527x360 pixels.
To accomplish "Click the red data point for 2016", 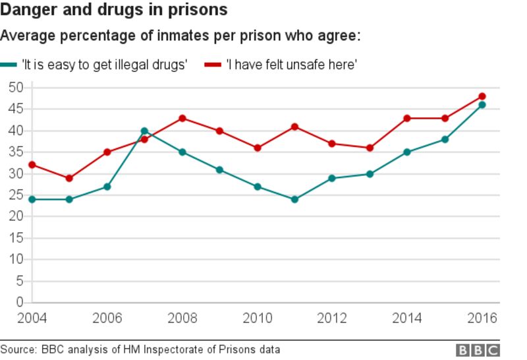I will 482,96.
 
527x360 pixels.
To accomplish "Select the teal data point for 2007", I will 144,131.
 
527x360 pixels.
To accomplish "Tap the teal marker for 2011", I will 294,199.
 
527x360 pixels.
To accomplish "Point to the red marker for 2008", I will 182,118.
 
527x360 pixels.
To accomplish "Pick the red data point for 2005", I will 69,178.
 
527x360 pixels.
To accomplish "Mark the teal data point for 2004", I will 32,199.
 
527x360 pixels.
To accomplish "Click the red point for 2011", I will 294,127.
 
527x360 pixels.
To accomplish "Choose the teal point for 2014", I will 407,152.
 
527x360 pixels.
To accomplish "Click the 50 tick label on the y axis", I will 16,88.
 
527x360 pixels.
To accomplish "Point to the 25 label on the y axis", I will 16,195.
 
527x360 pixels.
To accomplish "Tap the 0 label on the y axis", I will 20,303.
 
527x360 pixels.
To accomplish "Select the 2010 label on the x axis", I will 257,318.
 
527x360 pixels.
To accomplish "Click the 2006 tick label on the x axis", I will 107,318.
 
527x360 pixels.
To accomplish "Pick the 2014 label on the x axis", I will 407,318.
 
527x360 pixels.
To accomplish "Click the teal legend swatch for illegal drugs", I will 9,65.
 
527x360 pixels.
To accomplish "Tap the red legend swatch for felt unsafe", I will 212,65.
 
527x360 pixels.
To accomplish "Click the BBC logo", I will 478,350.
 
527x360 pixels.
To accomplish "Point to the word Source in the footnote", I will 18,349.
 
